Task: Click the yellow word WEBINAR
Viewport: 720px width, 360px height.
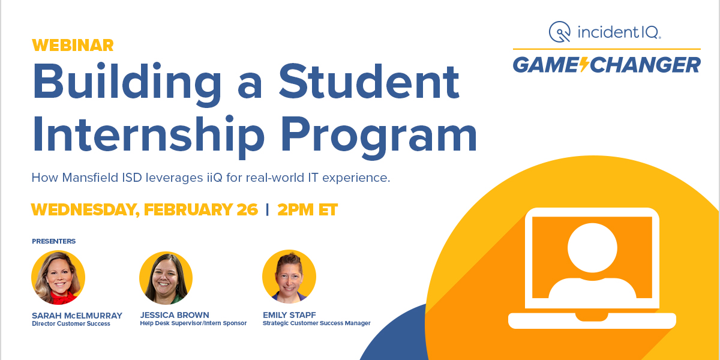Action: (72, 46)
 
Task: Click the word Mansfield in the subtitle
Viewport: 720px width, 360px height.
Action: (89, 178)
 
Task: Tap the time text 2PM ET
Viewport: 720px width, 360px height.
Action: (307, 210)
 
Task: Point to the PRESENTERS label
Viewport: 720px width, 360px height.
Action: (53, 241)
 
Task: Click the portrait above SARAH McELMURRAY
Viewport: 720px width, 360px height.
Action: (58, 278)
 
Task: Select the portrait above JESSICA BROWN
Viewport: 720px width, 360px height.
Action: (166, 278)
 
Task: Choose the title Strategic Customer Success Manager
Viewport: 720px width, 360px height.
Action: (316, 323)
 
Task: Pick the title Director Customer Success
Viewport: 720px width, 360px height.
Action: (71, 324)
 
